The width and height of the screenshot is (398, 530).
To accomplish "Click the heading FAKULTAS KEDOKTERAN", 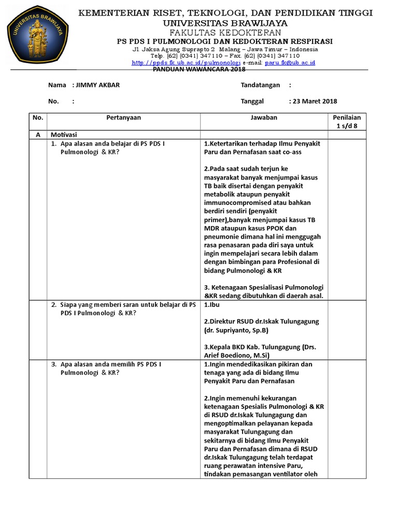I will [x=225, y=32].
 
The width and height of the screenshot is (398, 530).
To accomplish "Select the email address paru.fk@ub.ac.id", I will [x=290, y=63].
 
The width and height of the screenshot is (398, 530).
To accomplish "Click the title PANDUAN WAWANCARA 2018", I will [x=200, y=69].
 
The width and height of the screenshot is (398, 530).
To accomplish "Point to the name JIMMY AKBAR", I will [x=97, y=85].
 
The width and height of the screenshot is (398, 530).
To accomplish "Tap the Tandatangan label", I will [x=260, y=85].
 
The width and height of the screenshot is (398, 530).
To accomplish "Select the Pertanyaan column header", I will [x=123, y=117].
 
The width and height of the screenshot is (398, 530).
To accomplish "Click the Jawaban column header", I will [x=264, y=117].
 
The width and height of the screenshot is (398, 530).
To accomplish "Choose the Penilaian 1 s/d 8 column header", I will [x=347, y=122].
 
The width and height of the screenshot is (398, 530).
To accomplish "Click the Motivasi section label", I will [x=64, y=135].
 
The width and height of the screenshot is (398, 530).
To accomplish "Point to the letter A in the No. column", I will [x=37, y=135].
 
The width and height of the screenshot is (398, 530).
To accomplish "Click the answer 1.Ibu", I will [x=211, y=305].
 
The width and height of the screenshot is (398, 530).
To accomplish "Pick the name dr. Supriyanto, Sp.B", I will [x=236, y=330].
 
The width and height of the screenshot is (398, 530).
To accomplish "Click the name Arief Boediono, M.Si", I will [x=235, y=355].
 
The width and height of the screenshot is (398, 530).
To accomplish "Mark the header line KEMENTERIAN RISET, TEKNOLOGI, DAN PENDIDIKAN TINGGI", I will [x=225, y=13].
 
